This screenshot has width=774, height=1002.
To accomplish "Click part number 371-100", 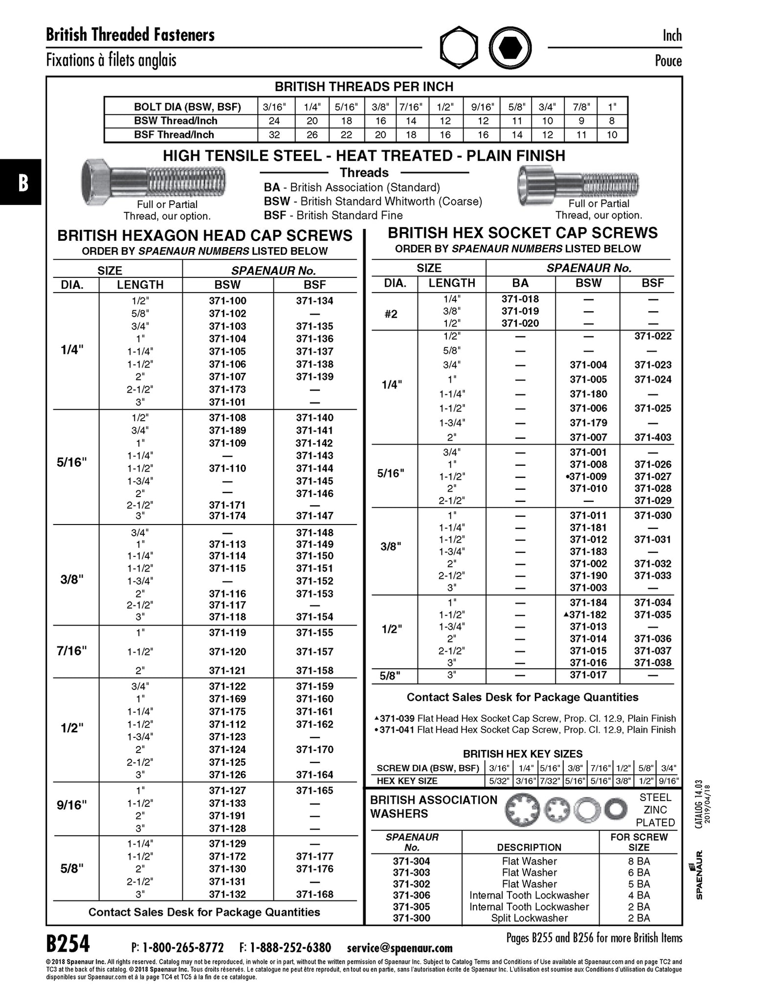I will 227,301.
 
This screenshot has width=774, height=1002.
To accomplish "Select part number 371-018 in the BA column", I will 520,299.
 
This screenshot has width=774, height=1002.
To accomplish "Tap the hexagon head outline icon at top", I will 459,48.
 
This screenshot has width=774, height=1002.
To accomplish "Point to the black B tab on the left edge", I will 21,182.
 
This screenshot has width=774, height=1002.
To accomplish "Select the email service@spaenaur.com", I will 399,948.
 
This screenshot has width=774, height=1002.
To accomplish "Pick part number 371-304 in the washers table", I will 411,861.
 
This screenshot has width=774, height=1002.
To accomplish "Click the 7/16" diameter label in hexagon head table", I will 72,651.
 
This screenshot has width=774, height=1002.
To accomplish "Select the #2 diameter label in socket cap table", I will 391,314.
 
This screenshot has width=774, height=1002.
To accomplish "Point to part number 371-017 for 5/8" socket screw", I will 588,675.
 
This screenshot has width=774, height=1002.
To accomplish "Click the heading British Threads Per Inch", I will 364,87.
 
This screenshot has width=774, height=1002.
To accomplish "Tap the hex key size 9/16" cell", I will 668,781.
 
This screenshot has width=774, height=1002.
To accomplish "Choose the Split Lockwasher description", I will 529,918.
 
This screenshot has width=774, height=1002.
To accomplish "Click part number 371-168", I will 314,894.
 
